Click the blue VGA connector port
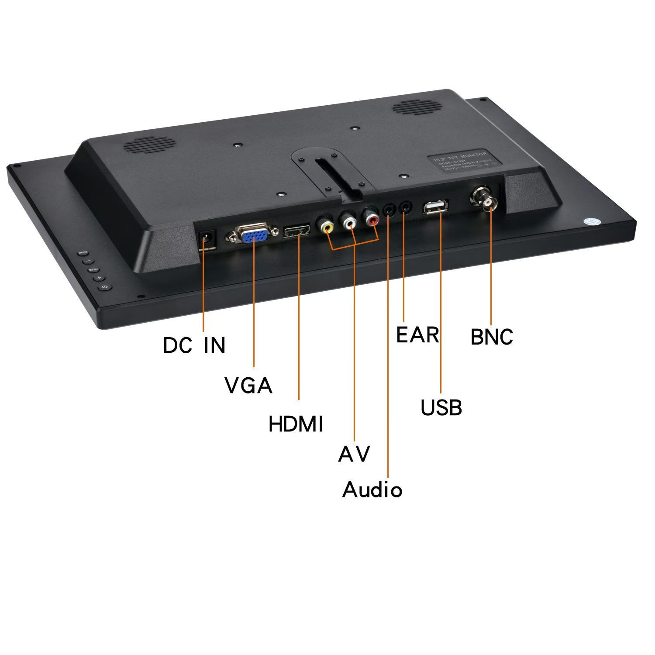(x=254, y=236)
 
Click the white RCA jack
(x=350, y=222)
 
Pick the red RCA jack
(x=372, y=219)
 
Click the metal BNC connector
(x=486, y=199)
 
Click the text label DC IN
(x=194, y=345)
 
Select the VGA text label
(x=248, y=386)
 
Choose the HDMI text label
(x=296, y=424)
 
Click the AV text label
(x=354, y=454)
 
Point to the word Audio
(x=372, y=490)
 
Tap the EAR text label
(x=417, y=335)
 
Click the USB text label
(x=441, y=407)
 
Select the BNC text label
(x=492, y=337)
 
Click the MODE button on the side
(x=83, y=253)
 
